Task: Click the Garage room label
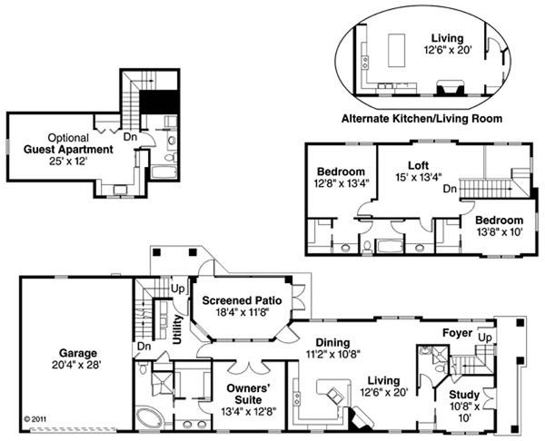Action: click(78, 353)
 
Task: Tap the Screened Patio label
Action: click(242, 300)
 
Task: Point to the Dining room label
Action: click(332, 343)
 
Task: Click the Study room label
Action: click(464, 395)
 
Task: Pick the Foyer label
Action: click(458, 333)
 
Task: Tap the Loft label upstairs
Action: click(418, 165)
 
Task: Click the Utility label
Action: click(178, 329)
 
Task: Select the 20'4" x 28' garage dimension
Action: click(76, 365)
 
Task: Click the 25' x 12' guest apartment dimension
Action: click(67, 162)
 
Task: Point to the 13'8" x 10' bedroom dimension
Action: click(500, 232)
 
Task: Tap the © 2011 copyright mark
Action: click(35, 419)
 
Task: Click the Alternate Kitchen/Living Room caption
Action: click(421, 119)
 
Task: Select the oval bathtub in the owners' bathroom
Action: click(149, 418)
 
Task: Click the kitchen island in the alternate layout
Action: click(396, 50)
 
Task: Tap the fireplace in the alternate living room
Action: click(451, 87)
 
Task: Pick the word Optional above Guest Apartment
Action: click(68, 138)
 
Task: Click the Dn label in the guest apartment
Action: click(130, 137)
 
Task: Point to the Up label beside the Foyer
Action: click(485, 338)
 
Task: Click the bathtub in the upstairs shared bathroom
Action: click(390, 246)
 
